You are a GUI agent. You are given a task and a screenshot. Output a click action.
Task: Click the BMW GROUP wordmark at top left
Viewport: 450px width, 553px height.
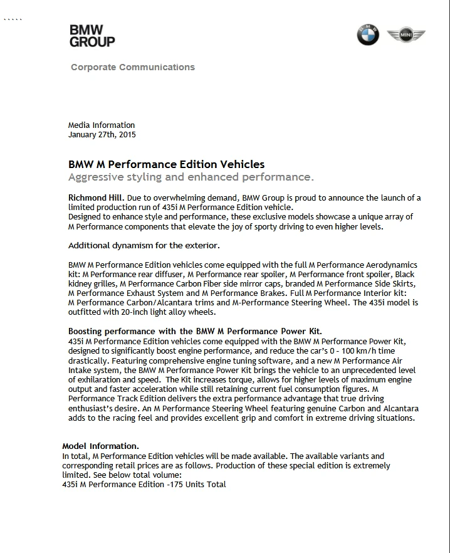tap(92, 36)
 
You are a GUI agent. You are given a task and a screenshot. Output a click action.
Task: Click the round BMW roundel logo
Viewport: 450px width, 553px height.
tap(368, 35)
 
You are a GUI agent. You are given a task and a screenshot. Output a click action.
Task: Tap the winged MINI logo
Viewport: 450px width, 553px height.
tap(406, 36)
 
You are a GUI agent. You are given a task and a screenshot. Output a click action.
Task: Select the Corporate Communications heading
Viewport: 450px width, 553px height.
tap(133, 67)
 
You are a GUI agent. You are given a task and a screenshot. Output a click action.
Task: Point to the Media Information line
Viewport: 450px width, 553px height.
tap(102, 125)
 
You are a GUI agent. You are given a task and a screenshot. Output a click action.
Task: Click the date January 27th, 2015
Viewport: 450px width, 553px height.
tap(102, 134)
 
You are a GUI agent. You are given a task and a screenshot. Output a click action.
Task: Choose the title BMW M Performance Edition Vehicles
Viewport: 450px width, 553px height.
tap(166, 164)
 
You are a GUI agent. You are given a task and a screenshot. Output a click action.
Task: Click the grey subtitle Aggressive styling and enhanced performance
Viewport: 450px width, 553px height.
tap(191, 177)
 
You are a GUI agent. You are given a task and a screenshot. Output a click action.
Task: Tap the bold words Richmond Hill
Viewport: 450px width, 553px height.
tap(92, 198)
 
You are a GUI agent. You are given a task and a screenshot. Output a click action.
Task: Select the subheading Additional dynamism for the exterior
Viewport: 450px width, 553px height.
tap(144, 245)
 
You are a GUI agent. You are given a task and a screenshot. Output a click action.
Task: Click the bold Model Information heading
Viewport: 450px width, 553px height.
tap(101, 446)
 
